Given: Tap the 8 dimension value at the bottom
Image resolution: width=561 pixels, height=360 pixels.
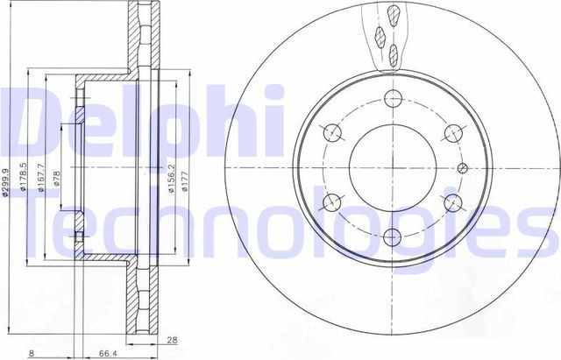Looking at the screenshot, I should tap(32, 353).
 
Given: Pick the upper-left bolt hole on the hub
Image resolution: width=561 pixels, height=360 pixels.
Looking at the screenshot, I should tap(331, 133).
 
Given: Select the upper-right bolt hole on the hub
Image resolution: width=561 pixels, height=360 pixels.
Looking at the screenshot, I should tap(452, 133).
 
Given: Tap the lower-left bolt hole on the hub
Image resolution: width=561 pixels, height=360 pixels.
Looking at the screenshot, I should tap(331, 203).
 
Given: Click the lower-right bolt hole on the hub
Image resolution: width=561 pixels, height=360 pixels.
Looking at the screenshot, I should tap(452, 203).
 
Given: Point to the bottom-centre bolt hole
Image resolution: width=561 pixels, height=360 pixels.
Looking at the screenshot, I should tap(391, 236).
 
